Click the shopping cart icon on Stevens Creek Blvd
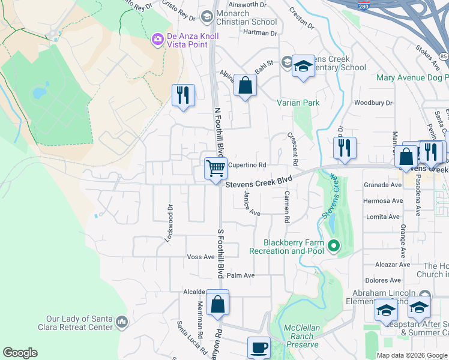pos(215,167)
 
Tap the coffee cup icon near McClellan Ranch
pos(259,347)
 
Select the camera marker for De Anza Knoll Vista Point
pos(158,40)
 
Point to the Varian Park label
pos(298,103)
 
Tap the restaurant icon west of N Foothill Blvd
pos(183,95)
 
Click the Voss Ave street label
pos(201,257)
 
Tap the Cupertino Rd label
pos(246,165)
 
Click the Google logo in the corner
pos(20,353)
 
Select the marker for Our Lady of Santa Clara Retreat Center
pos(122,323)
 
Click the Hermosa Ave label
pos(382,201)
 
